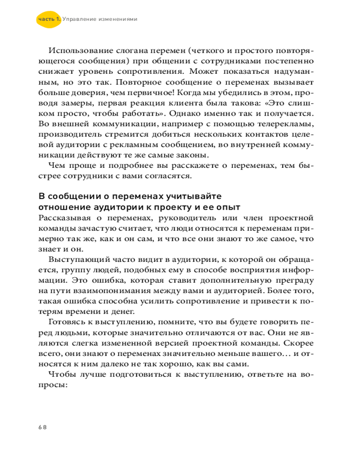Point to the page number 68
43,427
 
